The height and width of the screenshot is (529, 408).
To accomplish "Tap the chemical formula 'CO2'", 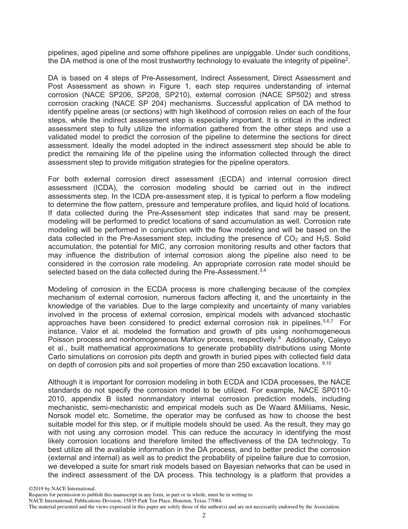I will click(292, 238).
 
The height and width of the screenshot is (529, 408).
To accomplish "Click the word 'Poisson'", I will click(60, 340).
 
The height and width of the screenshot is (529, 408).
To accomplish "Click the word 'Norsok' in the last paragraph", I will click(61, 415).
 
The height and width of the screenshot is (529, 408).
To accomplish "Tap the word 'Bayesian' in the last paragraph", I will click(264, 466).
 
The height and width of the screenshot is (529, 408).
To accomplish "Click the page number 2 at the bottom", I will click(204, 516).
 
